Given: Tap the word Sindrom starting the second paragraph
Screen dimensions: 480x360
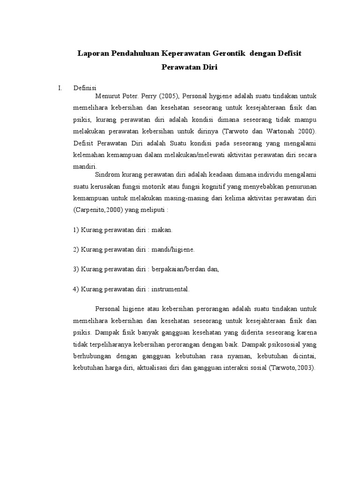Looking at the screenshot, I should [x=108, y=174].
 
